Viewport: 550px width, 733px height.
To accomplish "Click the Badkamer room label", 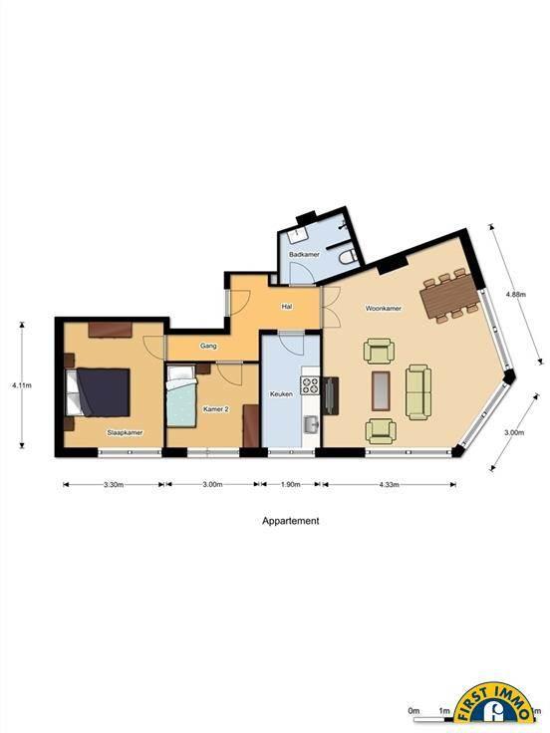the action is tap(304, 255).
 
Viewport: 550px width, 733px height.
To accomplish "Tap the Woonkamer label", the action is tap(384, 309).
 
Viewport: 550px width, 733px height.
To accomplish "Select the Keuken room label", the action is tap(282, 394).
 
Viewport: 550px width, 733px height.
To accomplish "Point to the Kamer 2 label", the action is tap(216, 409).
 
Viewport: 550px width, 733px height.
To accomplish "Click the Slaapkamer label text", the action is tap(125, 433).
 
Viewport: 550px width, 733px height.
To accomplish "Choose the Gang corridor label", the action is tap(208, 346).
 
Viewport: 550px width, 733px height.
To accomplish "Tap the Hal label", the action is tap(287, 307).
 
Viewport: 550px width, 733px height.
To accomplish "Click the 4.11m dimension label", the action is tap(22, 385).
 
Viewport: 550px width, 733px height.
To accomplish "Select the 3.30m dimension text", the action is tap(114, 484).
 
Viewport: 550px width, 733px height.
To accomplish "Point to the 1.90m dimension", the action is tap(290, 484).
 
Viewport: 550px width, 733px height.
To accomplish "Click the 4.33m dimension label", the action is tap(390, 484).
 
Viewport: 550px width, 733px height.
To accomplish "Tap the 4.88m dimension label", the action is tap(516, 295).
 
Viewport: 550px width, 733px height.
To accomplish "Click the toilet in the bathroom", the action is tap(348, 257).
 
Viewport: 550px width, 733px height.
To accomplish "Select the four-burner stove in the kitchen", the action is tap(310, 385).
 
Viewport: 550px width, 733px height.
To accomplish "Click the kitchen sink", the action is tap(311, 424).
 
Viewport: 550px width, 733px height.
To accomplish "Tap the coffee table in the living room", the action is tap(381, 390).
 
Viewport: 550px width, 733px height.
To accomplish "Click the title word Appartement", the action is tap(290, 521).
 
